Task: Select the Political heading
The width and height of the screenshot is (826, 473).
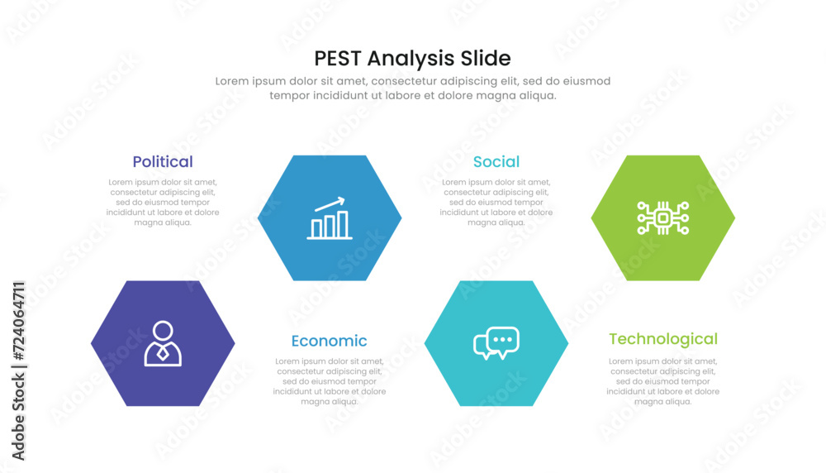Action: (x=163, y=162)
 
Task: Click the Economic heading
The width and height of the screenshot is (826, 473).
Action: (x=330, y=342)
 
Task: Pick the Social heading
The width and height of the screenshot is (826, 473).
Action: (x=496, y=162)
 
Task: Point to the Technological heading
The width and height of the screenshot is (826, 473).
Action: (x=663, y=339)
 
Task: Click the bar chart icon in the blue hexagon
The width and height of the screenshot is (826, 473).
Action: (x=330, y=218)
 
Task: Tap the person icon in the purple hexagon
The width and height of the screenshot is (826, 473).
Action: (x=163, y=343)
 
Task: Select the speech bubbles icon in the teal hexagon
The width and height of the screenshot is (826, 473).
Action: (x=496, y=343)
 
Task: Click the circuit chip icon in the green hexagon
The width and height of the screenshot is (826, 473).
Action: (x=663, y=217)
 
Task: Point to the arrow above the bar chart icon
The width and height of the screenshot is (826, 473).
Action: (x=330, y=203)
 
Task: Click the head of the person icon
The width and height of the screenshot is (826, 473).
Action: (x=163, y=331)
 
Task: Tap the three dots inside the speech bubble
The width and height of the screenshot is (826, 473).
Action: (x=502, y=340)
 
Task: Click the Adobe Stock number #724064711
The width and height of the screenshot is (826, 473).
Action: (x=18, y=321)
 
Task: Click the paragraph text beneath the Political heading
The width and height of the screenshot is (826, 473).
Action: (x=163, y=203)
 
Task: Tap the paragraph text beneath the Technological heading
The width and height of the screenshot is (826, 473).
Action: (x=663, y=381)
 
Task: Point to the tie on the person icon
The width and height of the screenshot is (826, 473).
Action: (x=163, y=352)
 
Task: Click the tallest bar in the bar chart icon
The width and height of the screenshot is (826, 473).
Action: (x=343, y=225)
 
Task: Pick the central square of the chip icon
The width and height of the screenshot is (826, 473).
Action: (x=663, y=217)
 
